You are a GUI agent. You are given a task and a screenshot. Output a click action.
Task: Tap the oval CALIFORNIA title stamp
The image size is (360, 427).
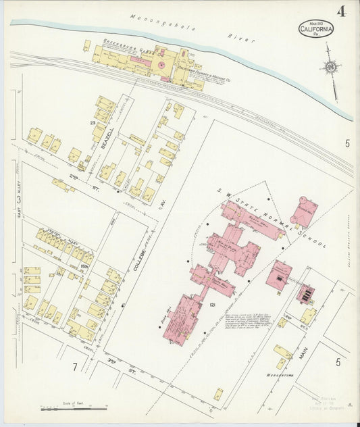316,28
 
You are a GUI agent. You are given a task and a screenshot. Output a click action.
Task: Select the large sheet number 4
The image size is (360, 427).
342,11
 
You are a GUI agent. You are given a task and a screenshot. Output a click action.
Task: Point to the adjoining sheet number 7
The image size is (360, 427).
76,367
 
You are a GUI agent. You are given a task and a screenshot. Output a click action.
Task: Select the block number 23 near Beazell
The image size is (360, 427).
93,122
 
